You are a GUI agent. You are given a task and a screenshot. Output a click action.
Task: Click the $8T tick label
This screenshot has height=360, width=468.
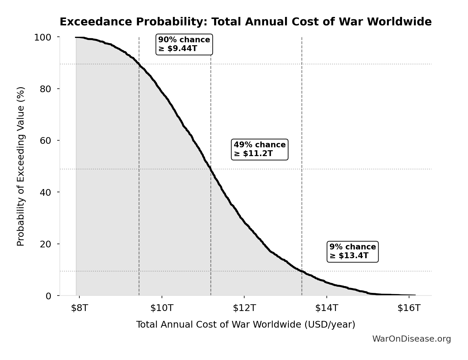point(79,308)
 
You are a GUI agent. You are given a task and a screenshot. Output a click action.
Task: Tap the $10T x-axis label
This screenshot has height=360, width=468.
point(162,308)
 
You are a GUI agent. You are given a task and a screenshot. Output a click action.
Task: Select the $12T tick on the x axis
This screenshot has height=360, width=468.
point(244,308)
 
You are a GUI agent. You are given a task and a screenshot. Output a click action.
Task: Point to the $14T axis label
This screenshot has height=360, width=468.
point(326,308)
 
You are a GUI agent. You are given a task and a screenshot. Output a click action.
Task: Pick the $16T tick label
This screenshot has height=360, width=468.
point(409,308)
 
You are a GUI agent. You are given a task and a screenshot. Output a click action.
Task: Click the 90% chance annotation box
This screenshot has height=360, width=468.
point(184,44)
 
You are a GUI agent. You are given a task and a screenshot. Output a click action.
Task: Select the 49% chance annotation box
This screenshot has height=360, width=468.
point(260,149)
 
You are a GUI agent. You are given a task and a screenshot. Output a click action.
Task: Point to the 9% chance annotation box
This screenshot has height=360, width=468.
point(353,251)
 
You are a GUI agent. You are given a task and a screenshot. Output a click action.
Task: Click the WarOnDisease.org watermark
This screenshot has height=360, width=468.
point(411,339)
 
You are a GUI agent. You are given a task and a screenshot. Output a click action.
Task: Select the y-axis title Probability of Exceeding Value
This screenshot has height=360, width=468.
point(21,166)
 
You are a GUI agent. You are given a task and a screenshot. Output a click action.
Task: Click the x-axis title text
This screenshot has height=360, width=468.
point(245,324)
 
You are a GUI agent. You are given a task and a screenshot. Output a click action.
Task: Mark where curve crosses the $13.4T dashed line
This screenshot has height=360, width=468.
point(302,271)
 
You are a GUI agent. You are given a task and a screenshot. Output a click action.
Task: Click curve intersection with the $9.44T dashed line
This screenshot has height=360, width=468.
point(139,64)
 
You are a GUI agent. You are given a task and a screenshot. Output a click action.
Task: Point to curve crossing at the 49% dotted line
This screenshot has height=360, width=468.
point(210,169)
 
